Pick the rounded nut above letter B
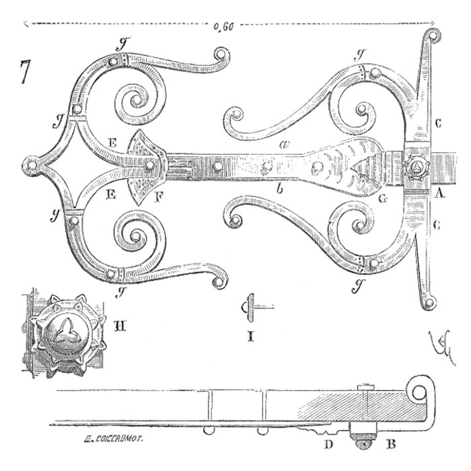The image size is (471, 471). (365, 441)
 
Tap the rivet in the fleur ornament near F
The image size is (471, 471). (148, 164)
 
